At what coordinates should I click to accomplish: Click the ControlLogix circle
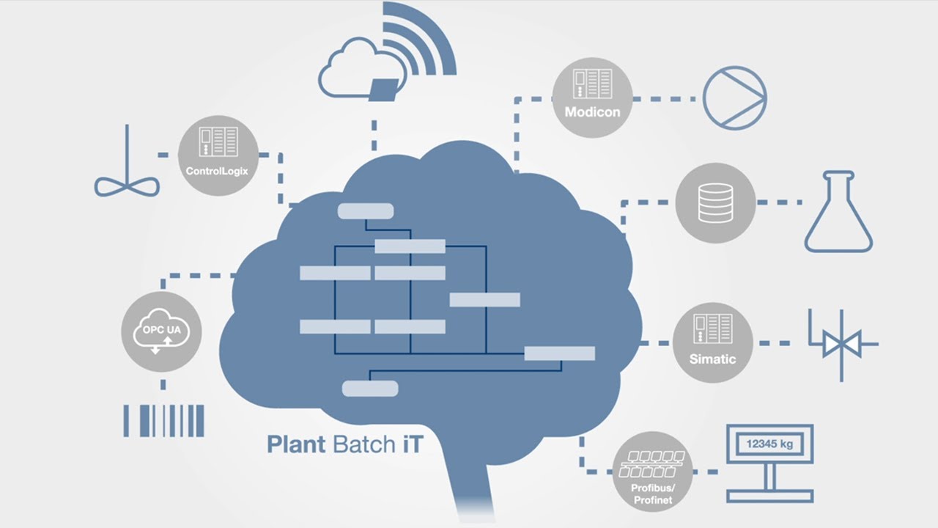coord(218,157)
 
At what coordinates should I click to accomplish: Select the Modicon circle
coord(592,98)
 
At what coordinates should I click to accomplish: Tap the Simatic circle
coord(712,342)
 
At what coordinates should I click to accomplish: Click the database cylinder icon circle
coord(715,202)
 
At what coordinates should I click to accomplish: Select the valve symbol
coord(841,343)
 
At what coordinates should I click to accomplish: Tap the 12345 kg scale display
coord(769,444)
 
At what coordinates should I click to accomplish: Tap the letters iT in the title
coord(410,444)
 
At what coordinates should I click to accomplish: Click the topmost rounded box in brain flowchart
coord(365,211)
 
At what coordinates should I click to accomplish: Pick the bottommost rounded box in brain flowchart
coord(370,389)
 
